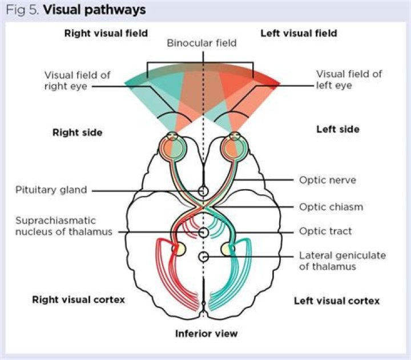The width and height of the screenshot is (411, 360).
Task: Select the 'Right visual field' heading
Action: coord(106,33)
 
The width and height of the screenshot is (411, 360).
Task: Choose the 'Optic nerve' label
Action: coord(328,180)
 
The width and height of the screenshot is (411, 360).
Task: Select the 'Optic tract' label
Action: coord(325,231)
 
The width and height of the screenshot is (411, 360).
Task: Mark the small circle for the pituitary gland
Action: coord(203,190)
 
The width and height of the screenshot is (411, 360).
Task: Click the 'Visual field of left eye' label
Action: coord(341,79)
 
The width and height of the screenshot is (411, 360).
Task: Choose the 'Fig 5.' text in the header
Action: coord(23,10)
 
